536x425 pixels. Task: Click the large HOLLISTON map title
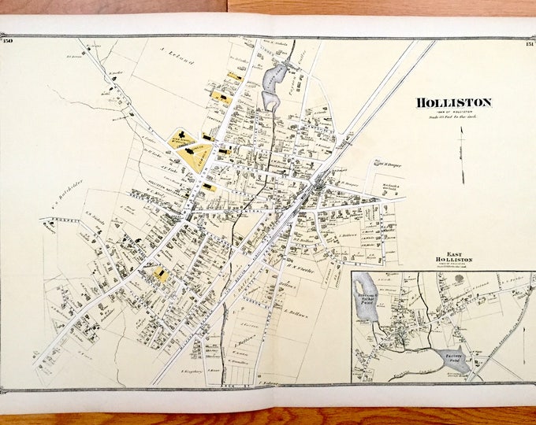point(453,102)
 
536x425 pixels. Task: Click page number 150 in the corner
point(9,41)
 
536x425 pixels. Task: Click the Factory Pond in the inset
point(454,360)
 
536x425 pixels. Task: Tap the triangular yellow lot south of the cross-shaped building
point(194,157)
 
